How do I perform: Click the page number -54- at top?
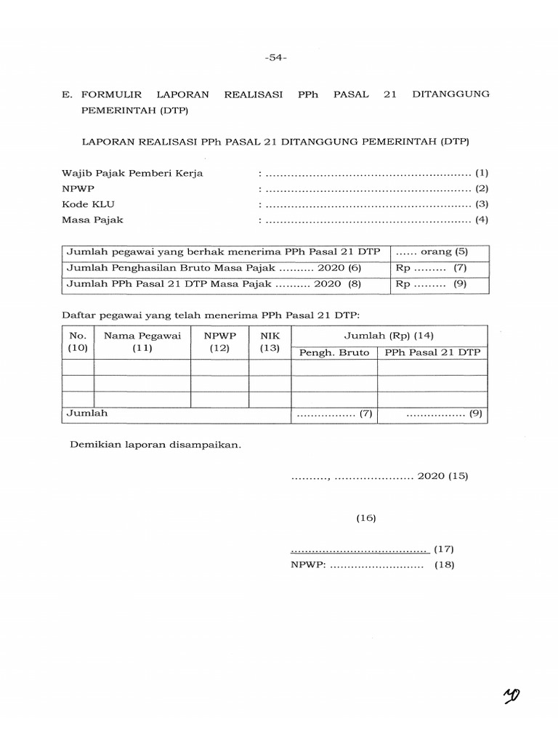coord(277,59)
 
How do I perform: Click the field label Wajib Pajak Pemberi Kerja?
coord(132,173)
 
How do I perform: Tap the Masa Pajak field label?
coord(92,219)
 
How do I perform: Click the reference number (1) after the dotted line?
coord(482,173)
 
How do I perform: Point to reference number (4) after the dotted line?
coord(482,219)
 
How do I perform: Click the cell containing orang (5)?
coord(440,252)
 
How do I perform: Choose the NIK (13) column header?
coord(270,342)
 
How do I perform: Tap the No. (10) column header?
coord(78,342)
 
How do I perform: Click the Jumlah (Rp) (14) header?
coord(389,335)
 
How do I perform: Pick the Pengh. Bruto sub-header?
coord(334,352)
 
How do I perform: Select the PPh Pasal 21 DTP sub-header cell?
coord(432,352)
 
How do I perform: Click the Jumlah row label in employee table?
coord(87,413)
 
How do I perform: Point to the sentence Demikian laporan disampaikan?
coord(155,445)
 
